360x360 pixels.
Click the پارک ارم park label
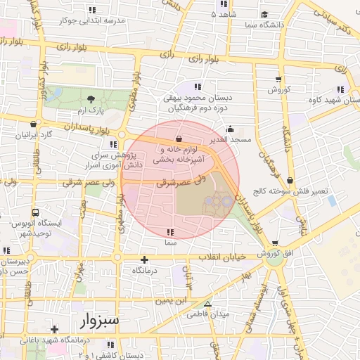91,112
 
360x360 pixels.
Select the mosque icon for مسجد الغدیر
230,129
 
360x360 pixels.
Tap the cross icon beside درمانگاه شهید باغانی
54,328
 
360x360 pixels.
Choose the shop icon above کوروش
278,79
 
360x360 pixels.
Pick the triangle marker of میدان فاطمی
207,304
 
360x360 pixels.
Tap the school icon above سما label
169,231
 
